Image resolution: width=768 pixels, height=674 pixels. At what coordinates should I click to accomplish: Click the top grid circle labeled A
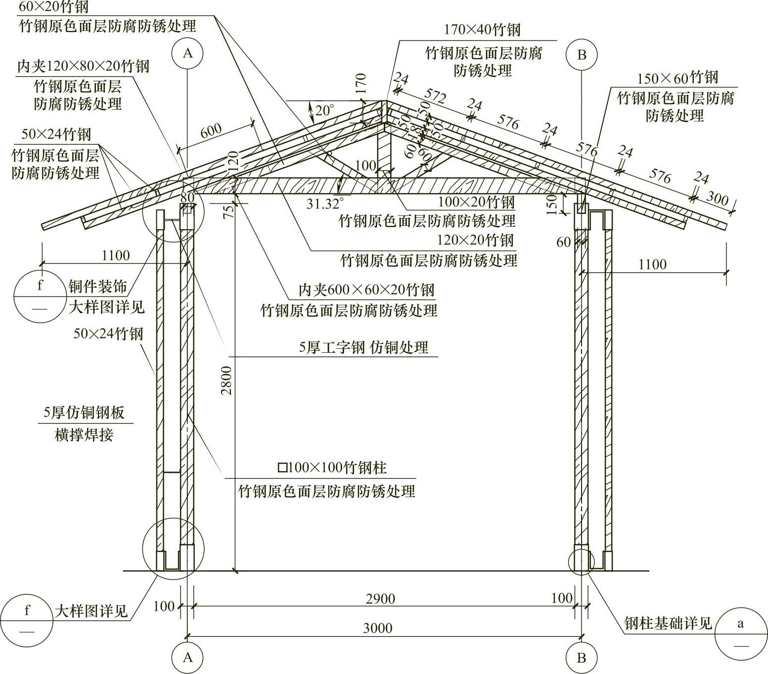[187, 53]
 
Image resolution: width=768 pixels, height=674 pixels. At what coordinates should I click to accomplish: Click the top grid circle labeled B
[582, 54]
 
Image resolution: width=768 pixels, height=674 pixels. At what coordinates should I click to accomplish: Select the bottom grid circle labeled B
[582, 658]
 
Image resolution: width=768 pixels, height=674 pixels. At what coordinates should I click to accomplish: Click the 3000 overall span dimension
[377, 628]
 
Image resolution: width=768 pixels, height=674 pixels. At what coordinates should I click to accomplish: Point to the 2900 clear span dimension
[380, 599]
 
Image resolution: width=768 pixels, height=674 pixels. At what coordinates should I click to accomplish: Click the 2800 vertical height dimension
[226, 380]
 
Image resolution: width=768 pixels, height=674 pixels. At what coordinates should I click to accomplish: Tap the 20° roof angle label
[325, 110]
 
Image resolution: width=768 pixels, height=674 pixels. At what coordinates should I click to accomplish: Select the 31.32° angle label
[325, 203]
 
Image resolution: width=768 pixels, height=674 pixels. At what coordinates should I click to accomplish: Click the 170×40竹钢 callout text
[482, 30]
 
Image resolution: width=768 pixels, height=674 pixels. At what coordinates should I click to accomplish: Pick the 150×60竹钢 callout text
[677, 78]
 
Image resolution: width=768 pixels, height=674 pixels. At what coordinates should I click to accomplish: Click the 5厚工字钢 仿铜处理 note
[363, 347]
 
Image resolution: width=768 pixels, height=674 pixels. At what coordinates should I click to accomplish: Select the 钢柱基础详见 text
[668, 623]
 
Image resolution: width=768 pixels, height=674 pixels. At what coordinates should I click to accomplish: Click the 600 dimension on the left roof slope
[211, 131]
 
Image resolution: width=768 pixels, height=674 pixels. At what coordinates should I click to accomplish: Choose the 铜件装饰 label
[98, 286]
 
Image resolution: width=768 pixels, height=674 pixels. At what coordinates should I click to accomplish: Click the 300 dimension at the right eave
[717, 198]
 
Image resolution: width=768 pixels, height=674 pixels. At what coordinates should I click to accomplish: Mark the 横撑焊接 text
[84, 434]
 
